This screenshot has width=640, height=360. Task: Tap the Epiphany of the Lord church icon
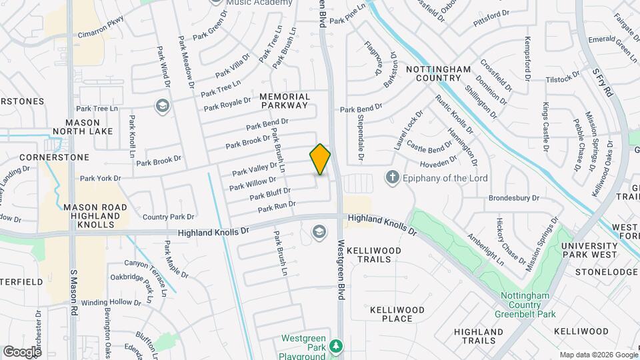coord(393,178)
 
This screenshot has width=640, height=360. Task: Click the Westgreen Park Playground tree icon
coord(337,345)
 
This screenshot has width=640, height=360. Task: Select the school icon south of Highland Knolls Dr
coord(319,231)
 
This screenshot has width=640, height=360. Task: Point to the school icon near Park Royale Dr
coord(161,106)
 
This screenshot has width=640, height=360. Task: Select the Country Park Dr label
coord(168,217)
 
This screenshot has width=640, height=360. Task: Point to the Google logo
coord(22,351)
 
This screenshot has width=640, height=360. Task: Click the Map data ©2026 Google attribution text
coord(598,355)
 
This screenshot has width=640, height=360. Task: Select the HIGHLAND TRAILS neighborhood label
coord(478,336)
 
